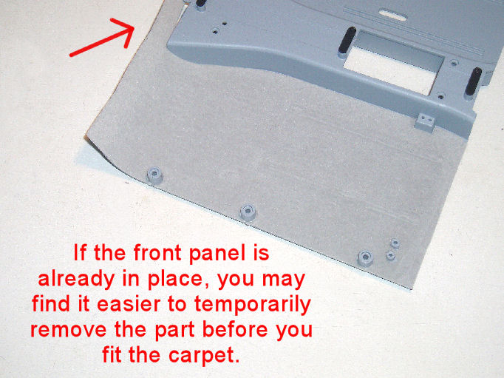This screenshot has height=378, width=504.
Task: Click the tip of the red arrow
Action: pyautogui.click(x=134, y=27)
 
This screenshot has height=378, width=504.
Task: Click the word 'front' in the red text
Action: pyautogui.click(x=157, y=252)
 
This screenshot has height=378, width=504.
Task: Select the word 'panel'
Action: pyautogui.click(x=217, y=254)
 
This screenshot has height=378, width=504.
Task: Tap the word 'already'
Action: pyautogui.click(x=76, y=280)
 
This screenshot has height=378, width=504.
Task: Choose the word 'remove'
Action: pyautogui.click(x=69, y=331)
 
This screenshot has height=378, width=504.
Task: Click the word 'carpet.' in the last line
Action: pyautogui.click(x=204, y=356)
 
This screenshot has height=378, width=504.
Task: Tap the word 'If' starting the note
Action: pyautogui.click(x=80, y=252)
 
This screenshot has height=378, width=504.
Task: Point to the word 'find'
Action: pyautogui.click(x=50, y=304)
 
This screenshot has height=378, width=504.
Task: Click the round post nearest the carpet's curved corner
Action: pyautogui.click(x=154, y=175)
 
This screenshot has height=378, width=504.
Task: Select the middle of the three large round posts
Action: pyautogui.click(x=248, y=212)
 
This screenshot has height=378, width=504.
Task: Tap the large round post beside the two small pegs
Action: pyautogui.click(x=366, y=258)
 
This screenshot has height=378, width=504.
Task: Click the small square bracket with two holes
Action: pyautogui.click(x=425, y=122)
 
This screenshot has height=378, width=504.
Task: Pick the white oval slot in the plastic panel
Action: pyautogui.click(x=393, y=14)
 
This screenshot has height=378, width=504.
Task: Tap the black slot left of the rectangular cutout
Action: pyautogui.click(x=347, y=41)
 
